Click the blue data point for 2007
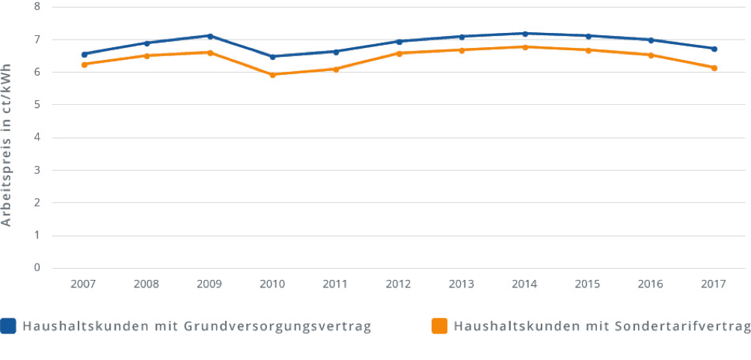[85, 54]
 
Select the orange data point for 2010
[273, 75]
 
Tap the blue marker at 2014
[525, 34]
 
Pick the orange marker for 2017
[714, 68]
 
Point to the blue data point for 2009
[210, 36]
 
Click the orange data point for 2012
[399, 53]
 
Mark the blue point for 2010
[273, 57]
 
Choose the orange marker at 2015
[589, 50]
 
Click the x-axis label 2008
[147, 284]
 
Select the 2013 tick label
[462, 284]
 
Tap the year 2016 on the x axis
[651, 284]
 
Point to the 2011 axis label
[336, 284]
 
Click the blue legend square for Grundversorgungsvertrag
[8, 326]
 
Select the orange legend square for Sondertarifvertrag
[440, 326]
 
